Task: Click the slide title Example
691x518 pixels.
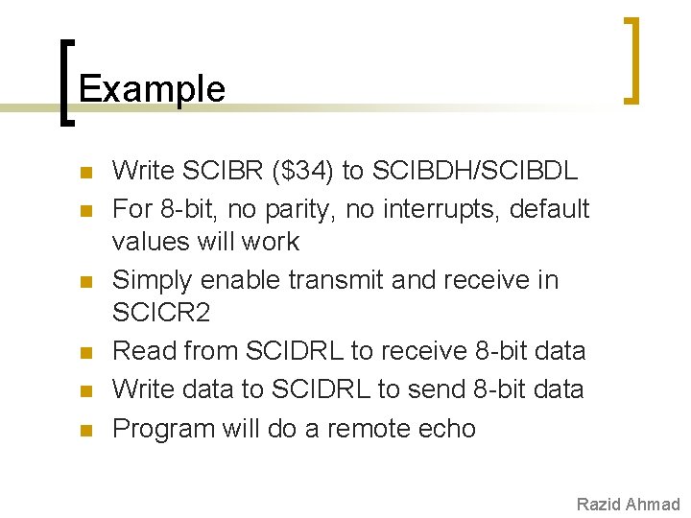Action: coord(152,88)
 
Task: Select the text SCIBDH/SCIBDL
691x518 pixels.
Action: coord(473,171)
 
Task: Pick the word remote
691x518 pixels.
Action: coord(372,428)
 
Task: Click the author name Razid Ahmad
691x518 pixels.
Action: coord(628,505)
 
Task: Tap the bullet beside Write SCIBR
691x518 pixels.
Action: coord(84,174)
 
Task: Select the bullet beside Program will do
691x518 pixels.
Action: coord(84,431)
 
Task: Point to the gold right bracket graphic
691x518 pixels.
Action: coord(632,59)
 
